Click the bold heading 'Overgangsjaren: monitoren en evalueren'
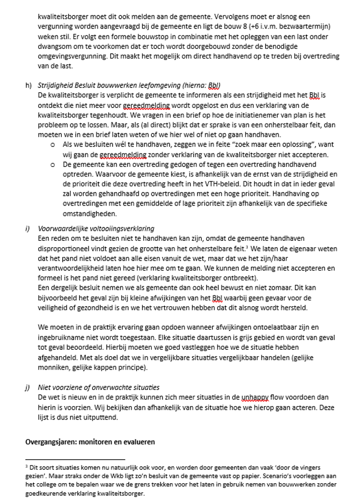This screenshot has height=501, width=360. point(90,442)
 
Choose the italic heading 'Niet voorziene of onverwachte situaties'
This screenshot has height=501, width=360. point(98,387)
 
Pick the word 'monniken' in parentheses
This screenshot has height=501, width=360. point(54,367)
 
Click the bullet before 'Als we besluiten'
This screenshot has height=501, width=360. point(52,145)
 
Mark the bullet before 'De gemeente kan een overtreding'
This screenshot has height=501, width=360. point(52,164)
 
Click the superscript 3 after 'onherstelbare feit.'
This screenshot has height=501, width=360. point(246,247)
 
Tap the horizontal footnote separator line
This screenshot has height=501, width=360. point(75,459)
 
